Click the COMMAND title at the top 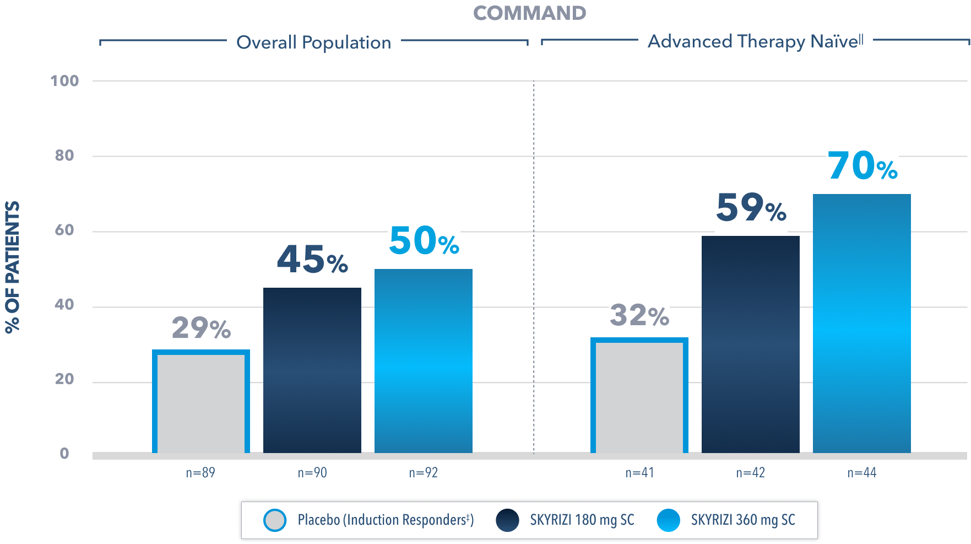click(x=529, y=13)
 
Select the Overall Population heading click(x=313, y=42)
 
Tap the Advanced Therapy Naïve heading click(x=755, y=41)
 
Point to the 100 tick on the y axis click(x=65, y=81)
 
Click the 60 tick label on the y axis click(x=64, y=230)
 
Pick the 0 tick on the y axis click(x=64, y=454)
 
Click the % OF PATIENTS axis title click(x=13, y=267)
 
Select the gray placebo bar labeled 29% click(x=201, y=402)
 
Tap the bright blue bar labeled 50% click(x=424, y=361)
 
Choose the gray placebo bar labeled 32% click(x=639, y=397)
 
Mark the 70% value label click(x=862, y=166)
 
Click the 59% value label click(x=751, y=208)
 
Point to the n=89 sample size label click(x=200, y=473)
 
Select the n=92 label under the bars click(x=424, y=473)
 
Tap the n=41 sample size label click(x=639, y=473)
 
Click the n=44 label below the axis click(x=862, y=473)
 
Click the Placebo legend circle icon click(x=275, y=520)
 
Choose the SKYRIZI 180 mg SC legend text click(x=582, y=520)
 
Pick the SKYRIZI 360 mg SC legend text click(x=743, y=520)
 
